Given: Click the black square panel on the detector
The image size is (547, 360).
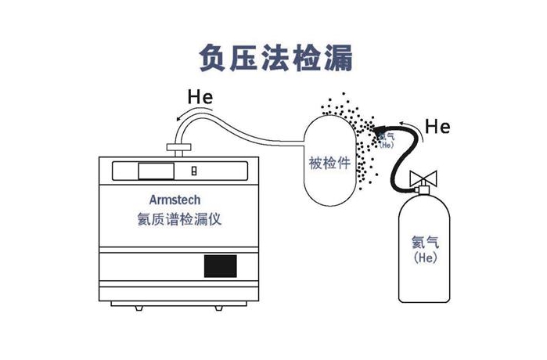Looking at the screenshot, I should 220,267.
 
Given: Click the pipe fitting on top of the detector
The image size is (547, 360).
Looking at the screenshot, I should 179,146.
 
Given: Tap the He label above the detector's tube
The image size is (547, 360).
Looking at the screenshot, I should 200,99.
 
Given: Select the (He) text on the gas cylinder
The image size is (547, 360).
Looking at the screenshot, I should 423,257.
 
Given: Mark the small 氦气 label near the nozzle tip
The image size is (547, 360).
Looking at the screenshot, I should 386,138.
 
